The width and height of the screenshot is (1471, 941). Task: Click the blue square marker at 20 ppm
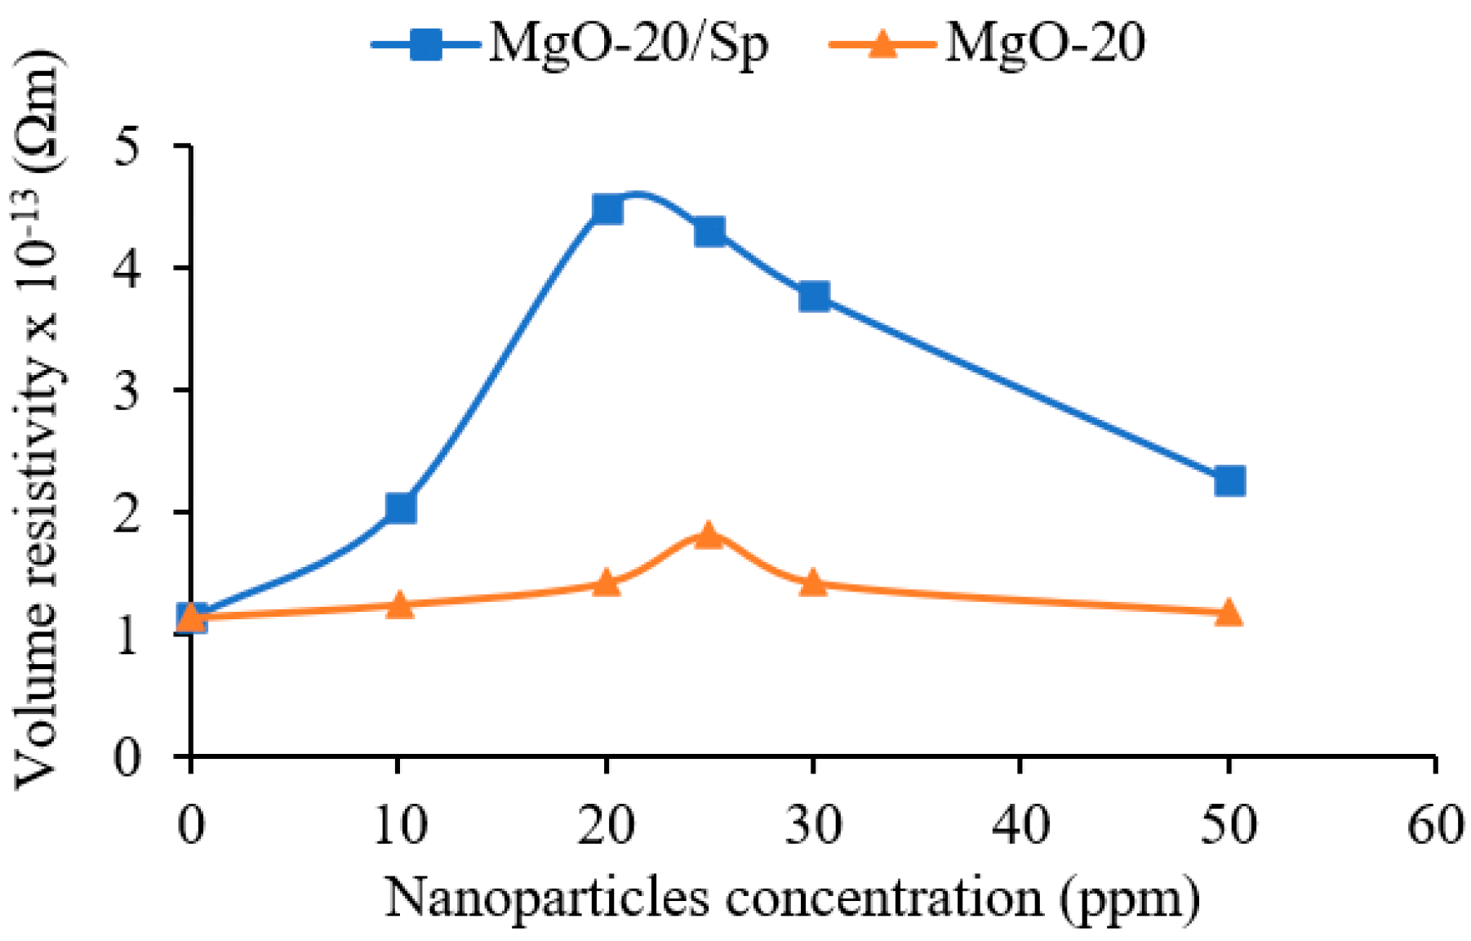pyautogui.click(x=607, y=210)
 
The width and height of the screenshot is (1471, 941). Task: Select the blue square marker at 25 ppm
pyautogui.click(x=709, y=231)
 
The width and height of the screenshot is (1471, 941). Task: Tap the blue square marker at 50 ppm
pyautogui.click(x=1229, y=481)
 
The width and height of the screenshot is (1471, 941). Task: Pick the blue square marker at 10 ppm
pyautogui.click(x=400, y=508)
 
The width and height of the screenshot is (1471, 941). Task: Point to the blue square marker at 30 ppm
pyautogui.click(x=814, y=296)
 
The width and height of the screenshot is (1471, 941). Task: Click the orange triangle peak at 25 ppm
pyautogui.click(x=709, y=536)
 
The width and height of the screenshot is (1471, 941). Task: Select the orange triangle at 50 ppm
pyautogui.click(x=1229, y=613)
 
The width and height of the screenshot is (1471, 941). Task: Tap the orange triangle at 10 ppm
pyautogui.click(x=399, y=605)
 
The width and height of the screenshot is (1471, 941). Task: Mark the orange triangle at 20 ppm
pyautogui.click(x=606, y=583)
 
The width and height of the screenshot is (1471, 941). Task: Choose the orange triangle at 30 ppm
pyautogui.click(x=813, y=583)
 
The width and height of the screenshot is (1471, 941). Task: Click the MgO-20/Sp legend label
pyautogui.click(x=628, y=43)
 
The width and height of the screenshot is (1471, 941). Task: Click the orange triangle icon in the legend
pyautogui.click(x=882, y=44)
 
